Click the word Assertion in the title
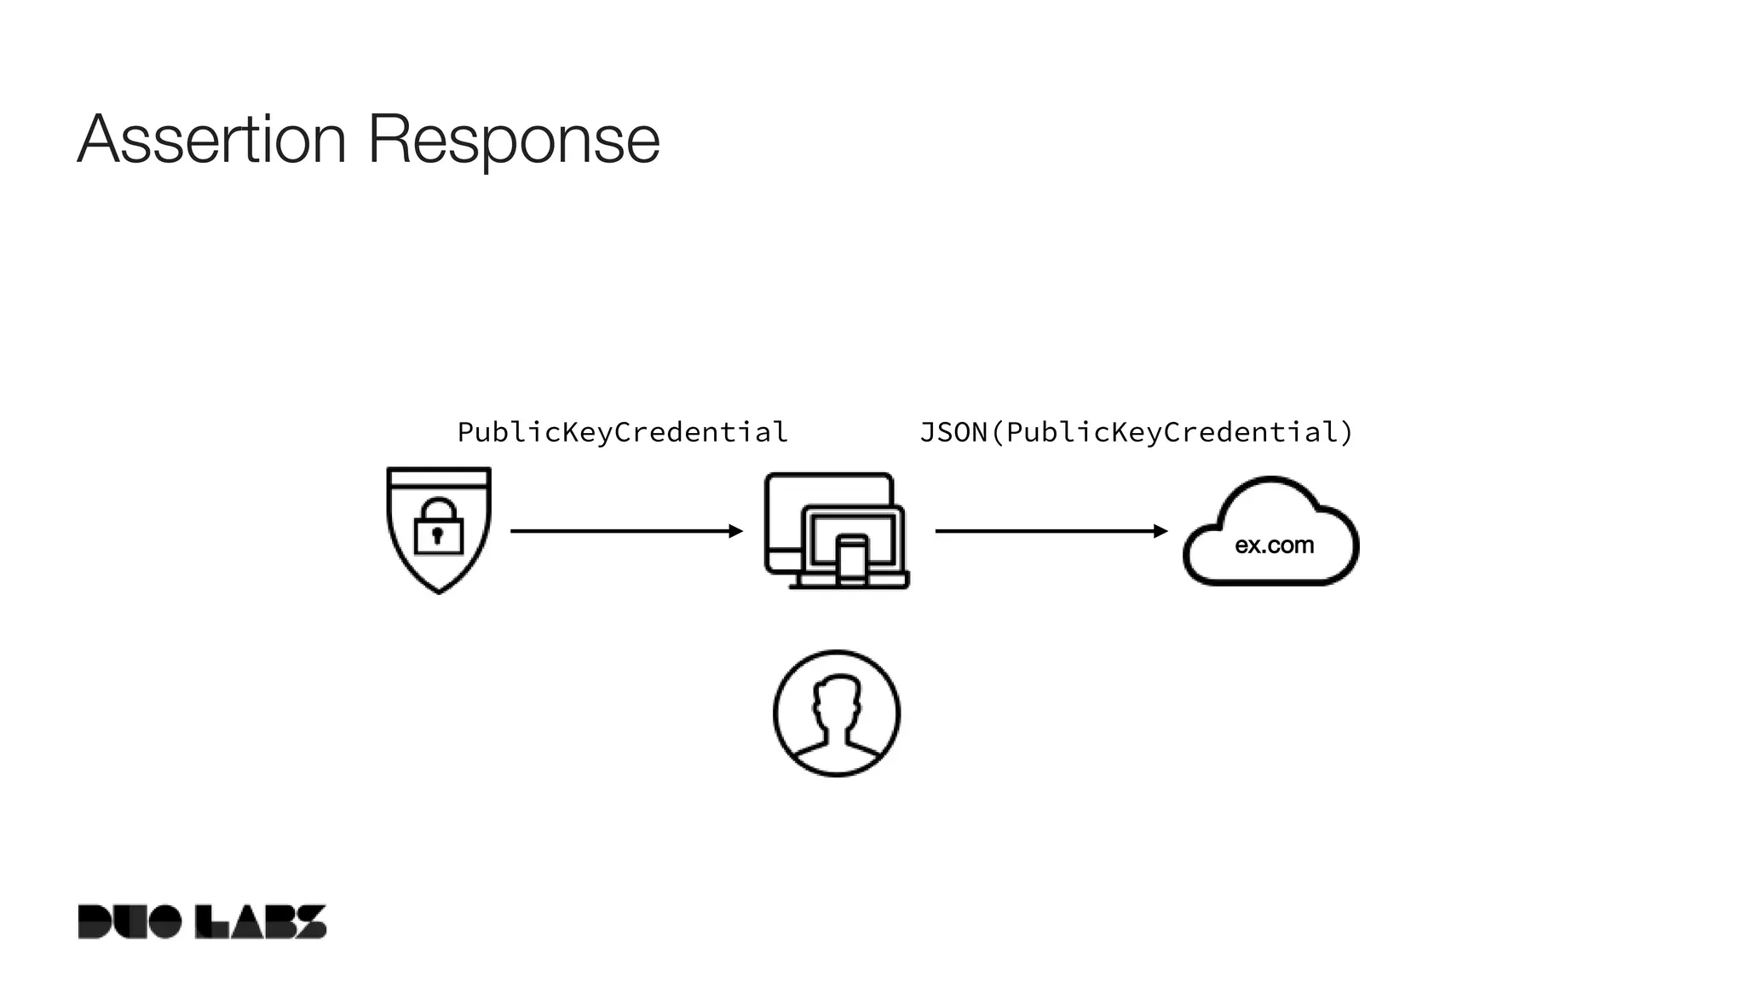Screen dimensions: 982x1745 point(211,139)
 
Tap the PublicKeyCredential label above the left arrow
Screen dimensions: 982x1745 point(622,432)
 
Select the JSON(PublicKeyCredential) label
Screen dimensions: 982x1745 point(1136,432)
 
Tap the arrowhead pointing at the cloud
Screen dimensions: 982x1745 point(1160,531)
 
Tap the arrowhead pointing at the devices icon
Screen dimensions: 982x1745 point(736,531)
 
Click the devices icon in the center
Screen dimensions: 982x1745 point(836,530)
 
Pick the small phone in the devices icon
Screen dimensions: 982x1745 point(851,560)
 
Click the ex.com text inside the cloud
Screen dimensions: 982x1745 point(1274,546)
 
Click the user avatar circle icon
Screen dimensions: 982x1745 point(837,713)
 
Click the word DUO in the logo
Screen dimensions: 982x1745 point(129,921)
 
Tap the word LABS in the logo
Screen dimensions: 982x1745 point(261,921)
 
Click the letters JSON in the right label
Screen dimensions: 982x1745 point(953,432)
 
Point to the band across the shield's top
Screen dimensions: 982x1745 point(439,478)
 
